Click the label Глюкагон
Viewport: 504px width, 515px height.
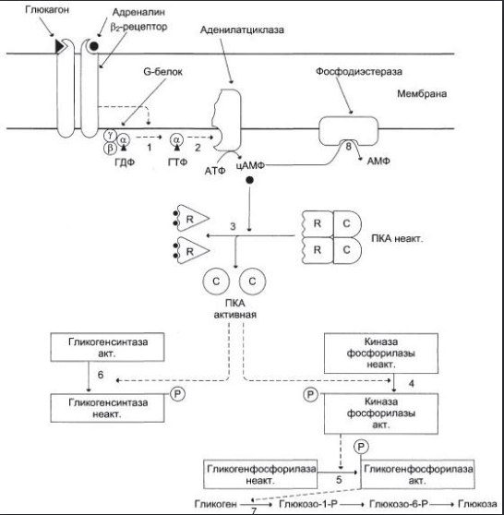[x=47, y=10]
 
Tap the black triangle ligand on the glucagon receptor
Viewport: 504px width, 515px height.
[x=59, y=46]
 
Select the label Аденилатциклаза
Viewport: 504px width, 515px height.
[x=242, y=30]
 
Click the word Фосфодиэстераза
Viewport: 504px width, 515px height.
[x=359, y=71]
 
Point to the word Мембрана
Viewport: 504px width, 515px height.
[x=422, y=93]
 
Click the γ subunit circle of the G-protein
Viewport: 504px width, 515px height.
[x=111, y=135]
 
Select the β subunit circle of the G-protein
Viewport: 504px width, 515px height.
[x=110, y=149]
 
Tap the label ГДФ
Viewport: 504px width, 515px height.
[x=125, y=162]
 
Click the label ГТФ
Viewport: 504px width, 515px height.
[x=177, y=162]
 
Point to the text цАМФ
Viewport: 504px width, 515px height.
[x=250, y=165]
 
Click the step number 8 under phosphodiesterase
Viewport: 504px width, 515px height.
[x=348, y=147]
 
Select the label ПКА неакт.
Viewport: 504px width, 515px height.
[x=397, y=238]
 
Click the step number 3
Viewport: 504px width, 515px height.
[x=233, y=226]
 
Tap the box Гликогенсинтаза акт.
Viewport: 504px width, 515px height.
[x=107, y=347]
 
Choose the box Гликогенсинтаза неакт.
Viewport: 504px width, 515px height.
[x=107, y=408]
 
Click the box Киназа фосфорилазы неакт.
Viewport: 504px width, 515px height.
[x=381, y=353]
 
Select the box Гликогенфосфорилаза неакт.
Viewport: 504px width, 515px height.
[x=260, y=474]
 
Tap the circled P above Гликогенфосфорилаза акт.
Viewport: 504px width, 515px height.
[x=361, y=447]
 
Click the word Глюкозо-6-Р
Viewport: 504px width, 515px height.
[x=399, y=504]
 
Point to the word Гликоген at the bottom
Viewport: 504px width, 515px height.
[x=215, y=504]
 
